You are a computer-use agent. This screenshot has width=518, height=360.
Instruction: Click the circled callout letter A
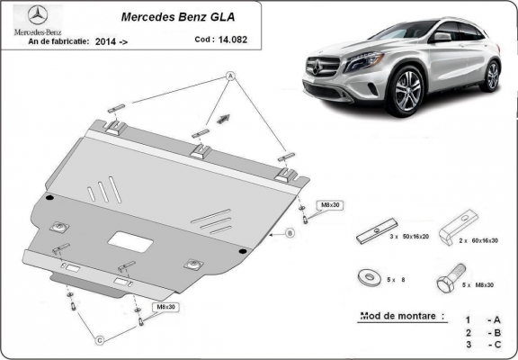click(x=230, y=76)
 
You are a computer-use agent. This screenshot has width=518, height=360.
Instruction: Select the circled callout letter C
click(x=101, y=340)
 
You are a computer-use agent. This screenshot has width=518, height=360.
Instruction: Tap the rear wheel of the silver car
click(x=492, y=75)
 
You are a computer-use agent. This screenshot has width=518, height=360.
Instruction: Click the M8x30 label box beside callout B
click(x=331, y=205)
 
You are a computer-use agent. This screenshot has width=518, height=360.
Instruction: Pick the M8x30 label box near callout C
click(x=166, y=308)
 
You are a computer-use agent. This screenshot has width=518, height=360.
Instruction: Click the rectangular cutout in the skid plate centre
click(x=129, y=241)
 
